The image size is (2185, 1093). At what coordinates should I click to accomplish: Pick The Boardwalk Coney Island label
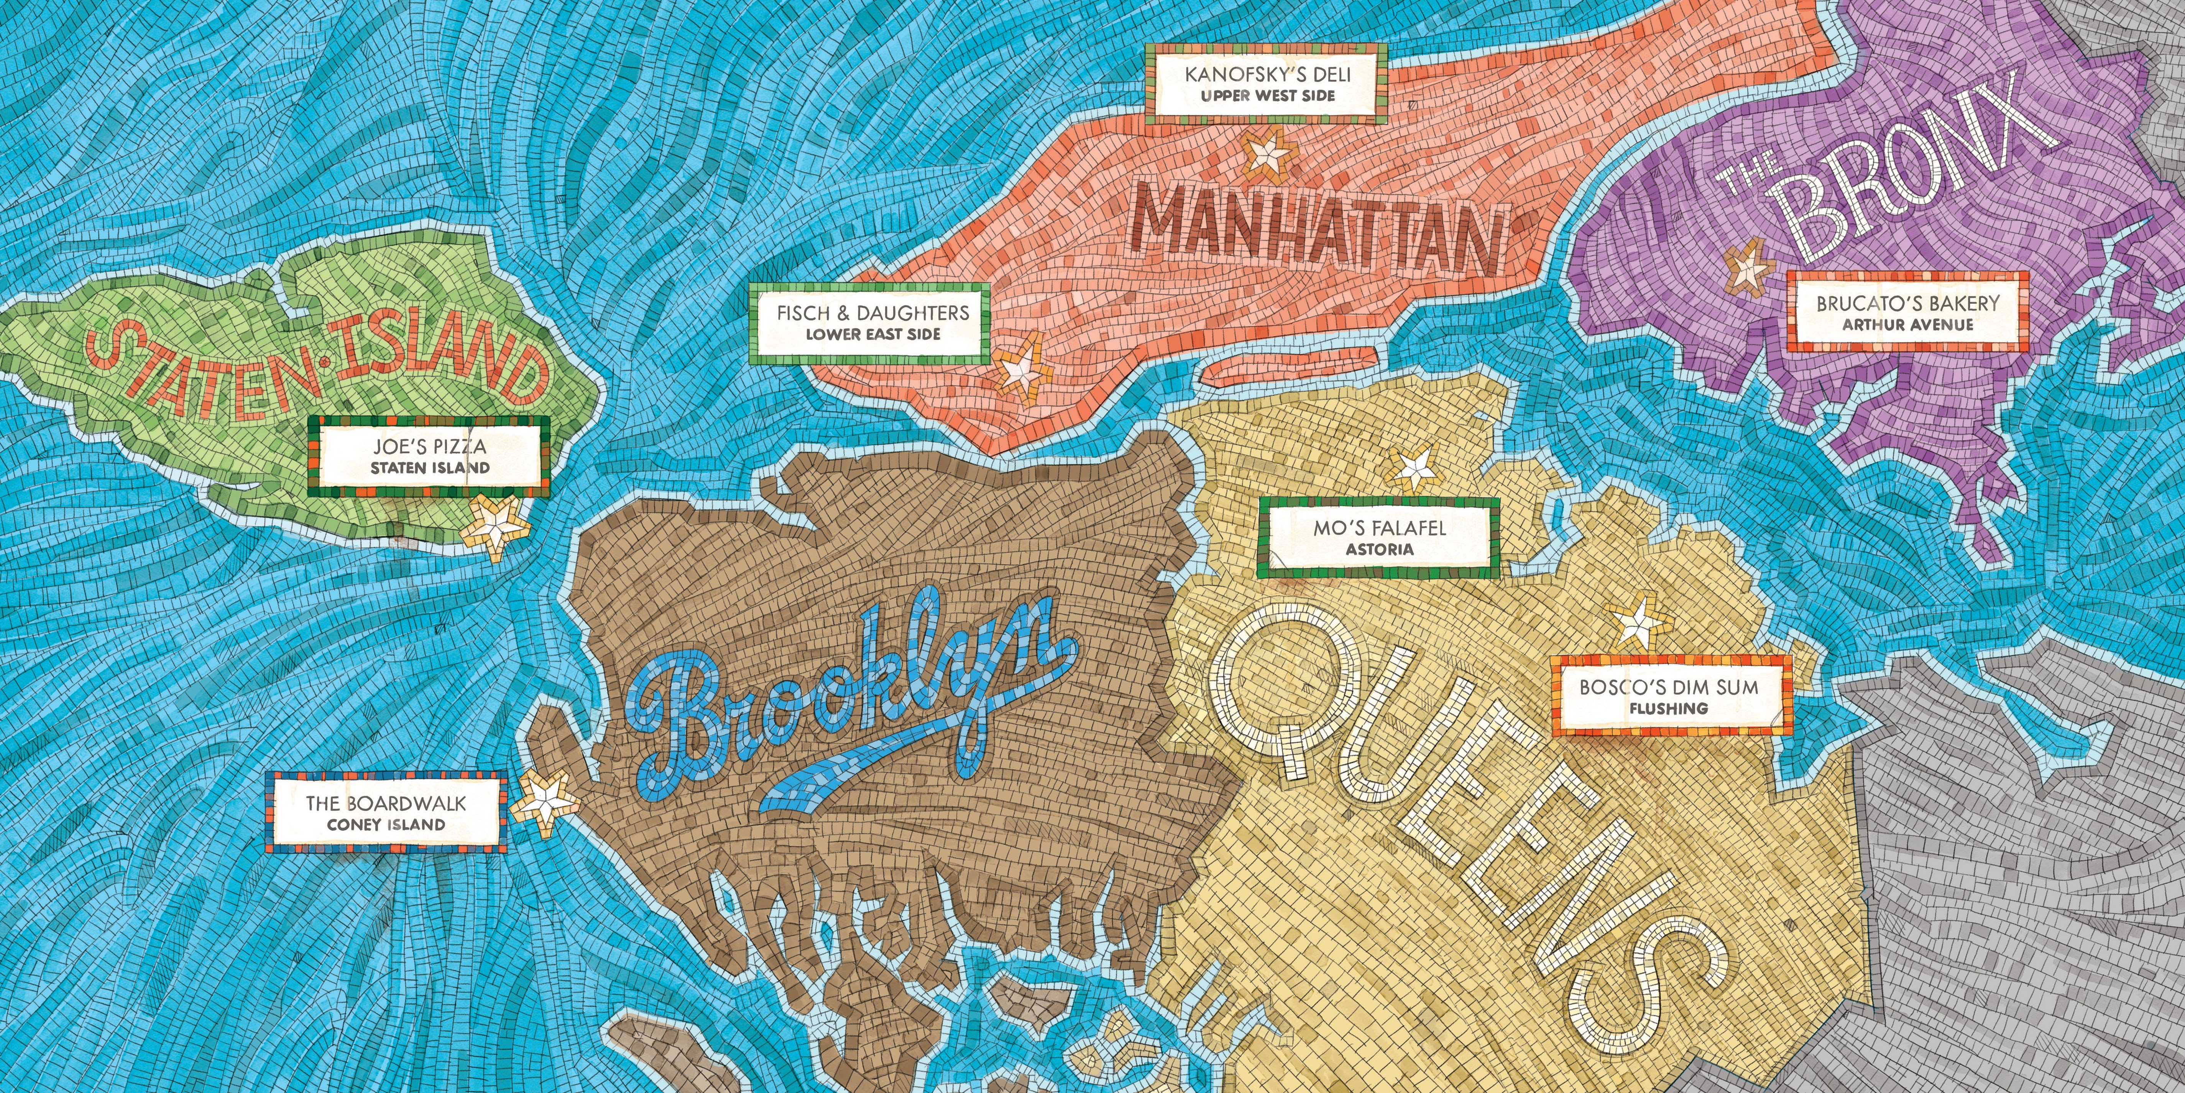(x=386, y=812)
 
